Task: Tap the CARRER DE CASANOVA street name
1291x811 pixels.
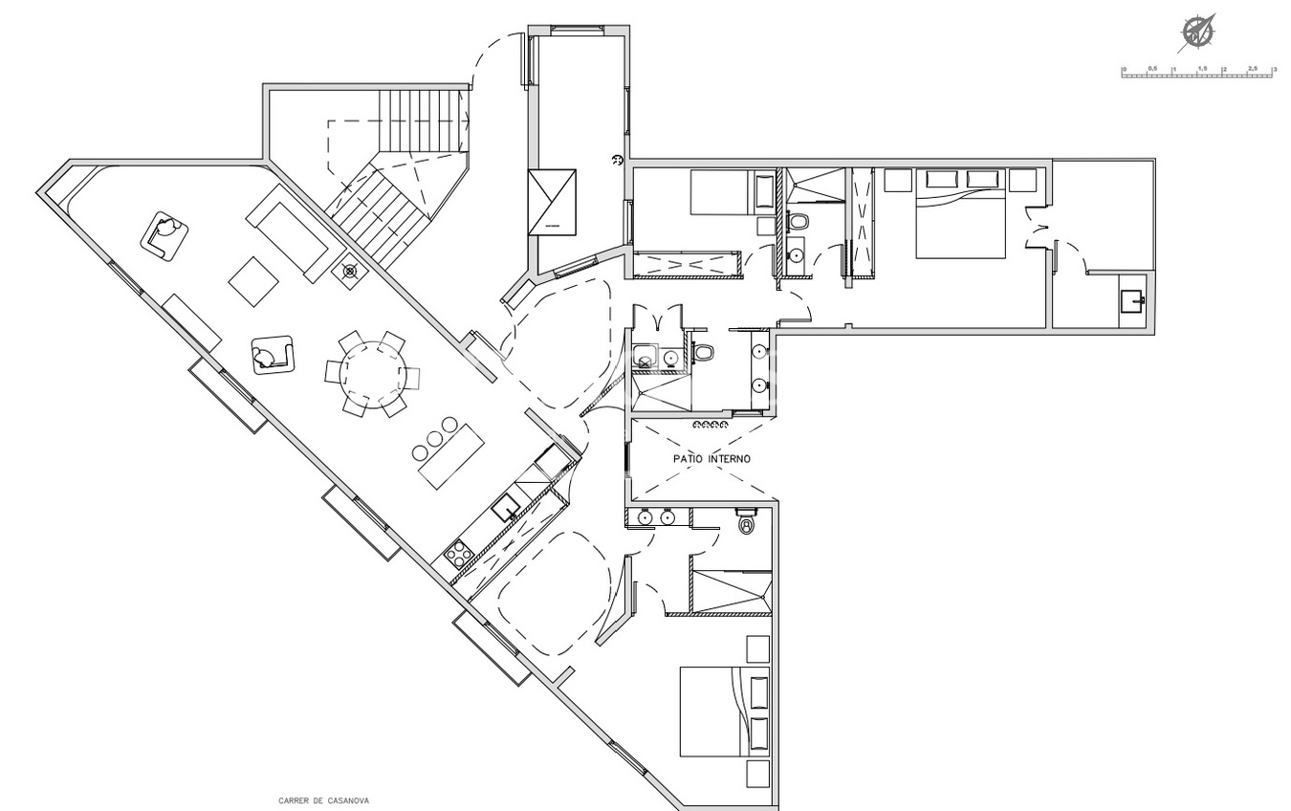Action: point(323,801)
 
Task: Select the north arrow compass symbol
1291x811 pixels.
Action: point(1196,33)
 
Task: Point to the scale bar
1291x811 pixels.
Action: point(1196,73)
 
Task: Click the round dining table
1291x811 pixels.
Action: point(372,374)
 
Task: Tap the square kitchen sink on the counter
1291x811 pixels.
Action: point(505,506)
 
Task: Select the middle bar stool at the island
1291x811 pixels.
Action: point(435,438)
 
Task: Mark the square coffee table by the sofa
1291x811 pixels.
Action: point(253,281)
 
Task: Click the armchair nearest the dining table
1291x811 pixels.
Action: point(272,355)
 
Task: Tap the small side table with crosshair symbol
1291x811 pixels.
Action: point(349,271)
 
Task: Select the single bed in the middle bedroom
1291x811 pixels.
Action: point(721,193)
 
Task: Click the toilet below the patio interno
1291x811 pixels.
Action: point(747,524)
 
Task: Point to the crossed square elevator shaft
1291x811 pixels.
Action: point(552,202)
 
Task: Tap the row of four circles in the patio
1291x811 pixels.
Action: point(711,425)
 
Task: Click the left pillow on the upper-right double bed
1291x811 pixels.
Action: point(941,179)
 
